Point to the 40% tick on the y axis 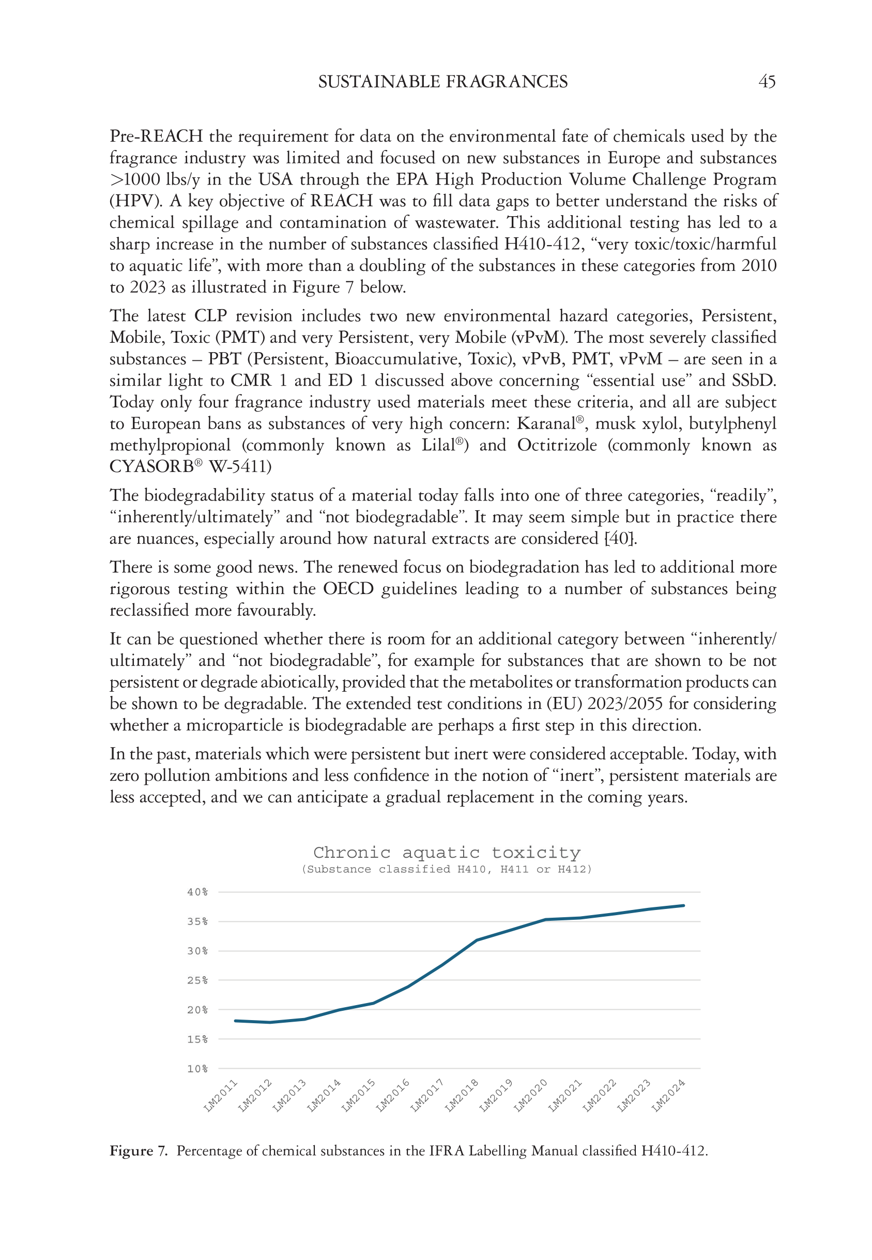pyautogui.click(x=197, y=892)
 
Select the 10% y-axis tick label pyautogui.click(x=197, y=1068)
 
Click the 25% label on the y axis pyautogui.click(x=197, y=980)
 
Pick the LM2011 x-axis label pyautogui.click(x=221, y=1095)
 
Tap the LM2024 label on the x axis pyautogui.click(x=668, y=1095)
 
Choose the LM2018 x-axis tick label pyautogui.click(x=462, y=1095)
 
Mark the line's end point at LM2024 pyautogui.click(x=683, y=905)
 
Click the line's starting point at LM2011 pyautogui.click(x=236, y=1021)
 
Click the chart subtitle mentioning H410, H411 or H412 pyautogui.click(x=447, y=869)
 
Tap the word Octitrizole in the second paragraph pyautogui.click(x=557, y=445)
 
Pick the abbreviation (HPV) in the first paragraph pyautogui.click(x=136, y=201)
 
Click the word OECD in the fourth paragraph pyautogui.click(x=348, y=588)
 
